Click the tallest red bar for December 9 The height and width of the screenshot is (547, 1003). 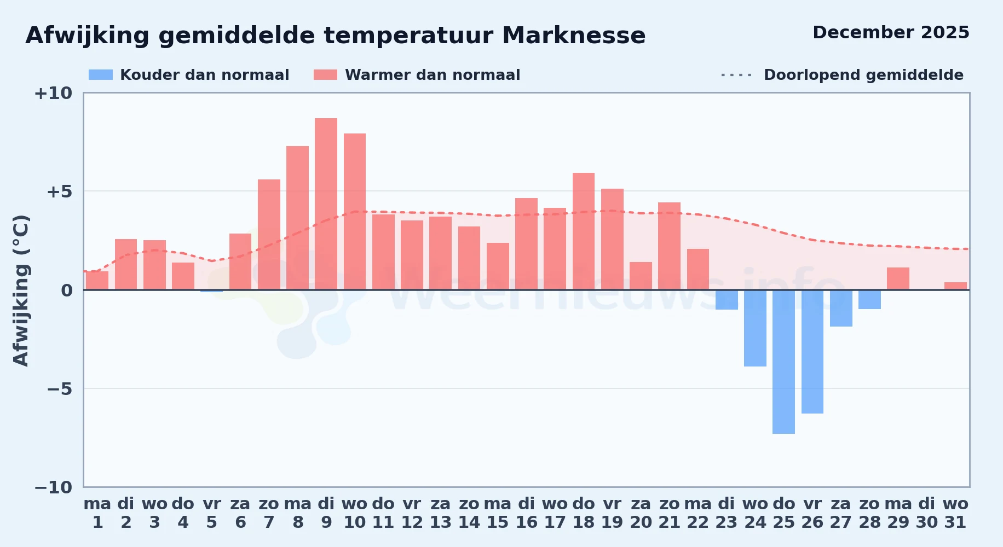(326, 203)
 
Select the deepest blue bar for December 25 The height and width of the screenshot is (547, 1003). (783, 362)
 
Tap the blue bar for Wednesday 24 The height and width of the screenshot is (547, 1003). (755, 328)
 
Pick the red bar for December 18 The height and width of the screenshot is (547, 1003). (584, 231)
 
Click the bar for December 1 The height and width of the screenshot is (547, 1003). (97, 281)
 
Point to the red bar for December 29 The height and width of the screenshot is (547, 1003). (898, 278)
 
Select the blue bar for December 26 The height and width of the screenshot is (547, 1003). (812, 352)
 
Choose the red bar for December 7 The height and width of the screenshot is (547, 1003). (269, 235)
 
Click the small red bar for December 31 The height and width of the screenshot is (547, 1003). (955, 286)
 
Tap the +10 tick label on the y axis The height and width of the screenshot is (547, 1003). (53, 93)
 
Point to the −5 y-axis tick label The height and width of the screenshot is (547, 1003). (59, 389)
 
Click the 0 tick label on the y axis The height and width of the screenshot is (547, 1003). (67, 290)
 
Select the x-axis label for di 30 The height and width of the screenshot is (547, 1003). (927, 513)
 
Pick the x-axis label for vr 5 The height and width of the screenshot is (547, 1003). (212, 513)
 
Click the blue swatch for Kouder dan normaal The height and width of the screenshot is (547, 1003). (101, 75)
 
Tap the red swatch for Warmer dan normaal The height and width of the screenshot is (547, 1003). (325, 75)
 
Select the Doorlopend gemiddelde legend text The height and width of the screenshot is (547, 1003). (863, 75)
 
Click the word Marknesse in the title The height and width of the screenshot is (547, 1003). (574, 36)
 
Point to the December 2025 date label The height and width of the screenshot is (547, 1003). (891, 32)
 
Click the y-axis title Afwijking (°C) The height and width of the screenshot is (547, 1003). (21, 290)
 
